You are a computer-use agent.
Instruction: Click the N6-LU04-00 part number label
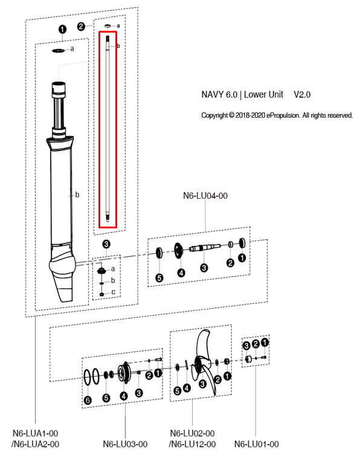click(x=206, y=196)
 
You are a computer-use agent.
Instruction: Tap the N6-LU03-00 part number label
click(x=125, y=444)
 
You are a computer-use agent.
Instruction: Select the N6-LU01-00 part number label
click(x=256, y=444)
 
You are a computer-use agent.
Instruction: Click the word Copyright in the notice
click(x=214, y=115)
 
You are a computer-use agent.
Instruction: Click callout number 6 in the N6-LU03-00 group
click(x=88, y=400)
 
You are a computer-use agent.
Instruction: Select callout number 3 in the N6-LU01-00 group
click(x=246, y=344)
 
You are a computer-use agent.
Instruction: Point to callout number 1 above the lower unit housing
click(x=60, y=29)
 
